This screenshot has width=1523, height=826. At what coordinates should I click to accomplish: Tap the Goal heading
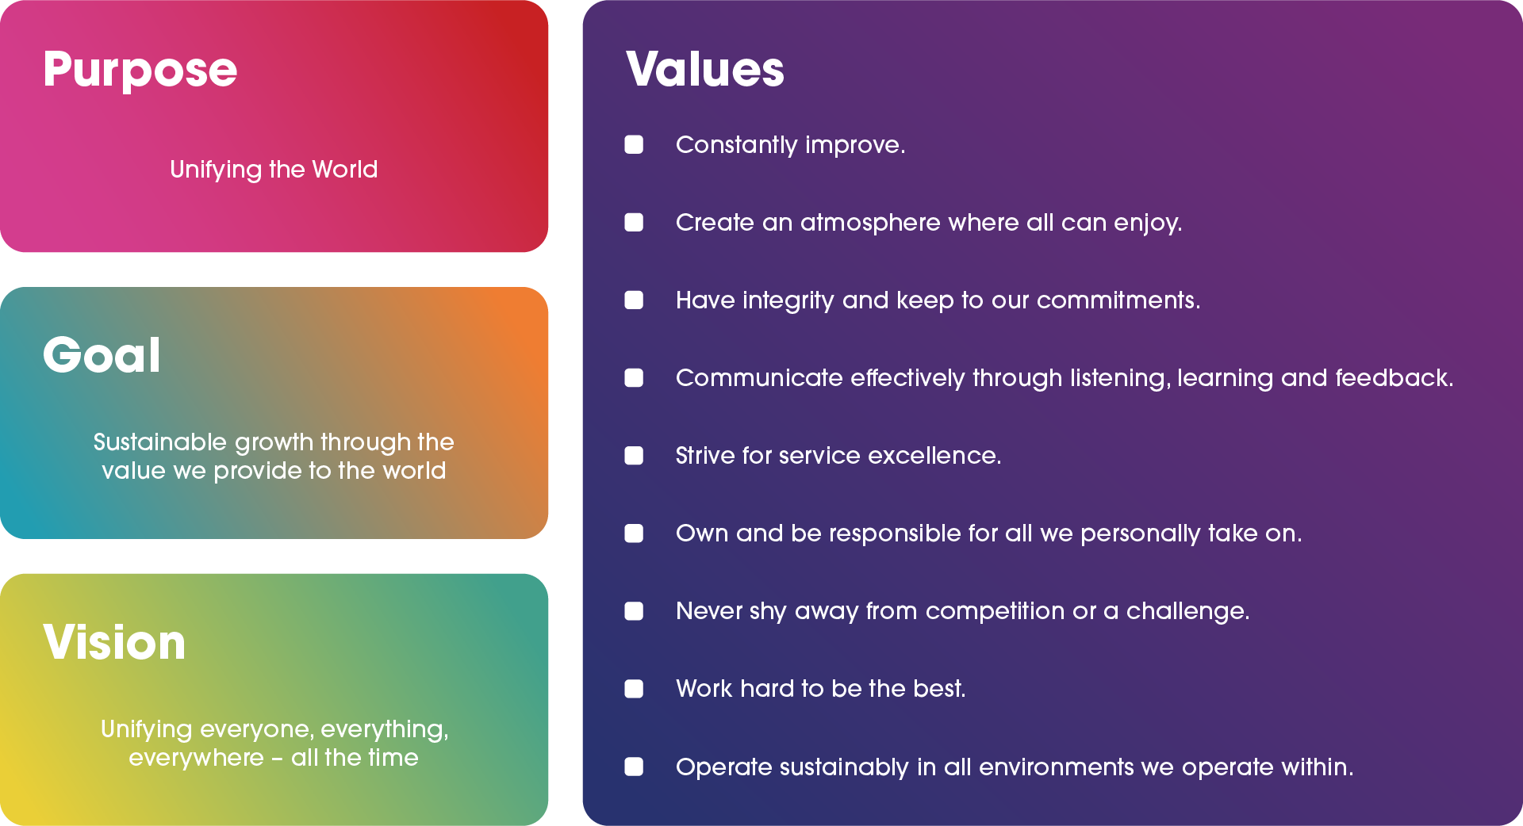[x=102, y=354]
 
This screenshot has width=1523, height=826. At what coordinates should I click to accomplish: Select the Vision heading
[x=114, y=641]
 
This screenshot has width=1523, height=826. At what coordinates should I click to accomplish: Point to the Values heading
[x=705, y=69]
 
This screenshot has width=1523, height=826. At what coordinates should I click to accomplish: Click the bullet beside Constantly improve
[x=634, y=144]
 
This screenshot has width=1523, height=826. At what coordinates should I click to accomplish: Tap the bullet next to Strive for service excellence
[x=634, y=455]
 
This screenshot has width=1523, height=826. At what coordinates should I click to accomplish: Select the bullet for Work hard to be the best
[x=634, y=688]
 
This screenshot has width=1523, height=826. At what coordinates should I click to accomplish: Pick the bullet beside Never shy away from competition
[x=634, y=610]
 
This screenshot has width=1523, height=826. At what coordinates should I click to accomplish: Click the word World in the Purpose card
[x=345, y=169]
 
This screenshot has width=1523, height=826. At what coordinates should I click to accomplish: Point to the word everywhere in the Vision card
[x=196, y=758]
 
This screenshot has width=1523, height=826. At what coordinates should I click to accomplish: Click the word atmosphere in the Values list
[x=870, y=222]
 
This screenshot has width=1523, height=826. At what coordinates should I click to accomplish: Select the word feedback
[x=1394, y=378]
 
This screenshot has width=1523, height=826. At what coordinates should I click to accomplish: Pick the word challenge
[x=1188, y=611]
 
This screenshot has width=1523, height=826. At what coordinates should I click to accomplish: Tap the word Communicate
[x=759, y=378]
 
